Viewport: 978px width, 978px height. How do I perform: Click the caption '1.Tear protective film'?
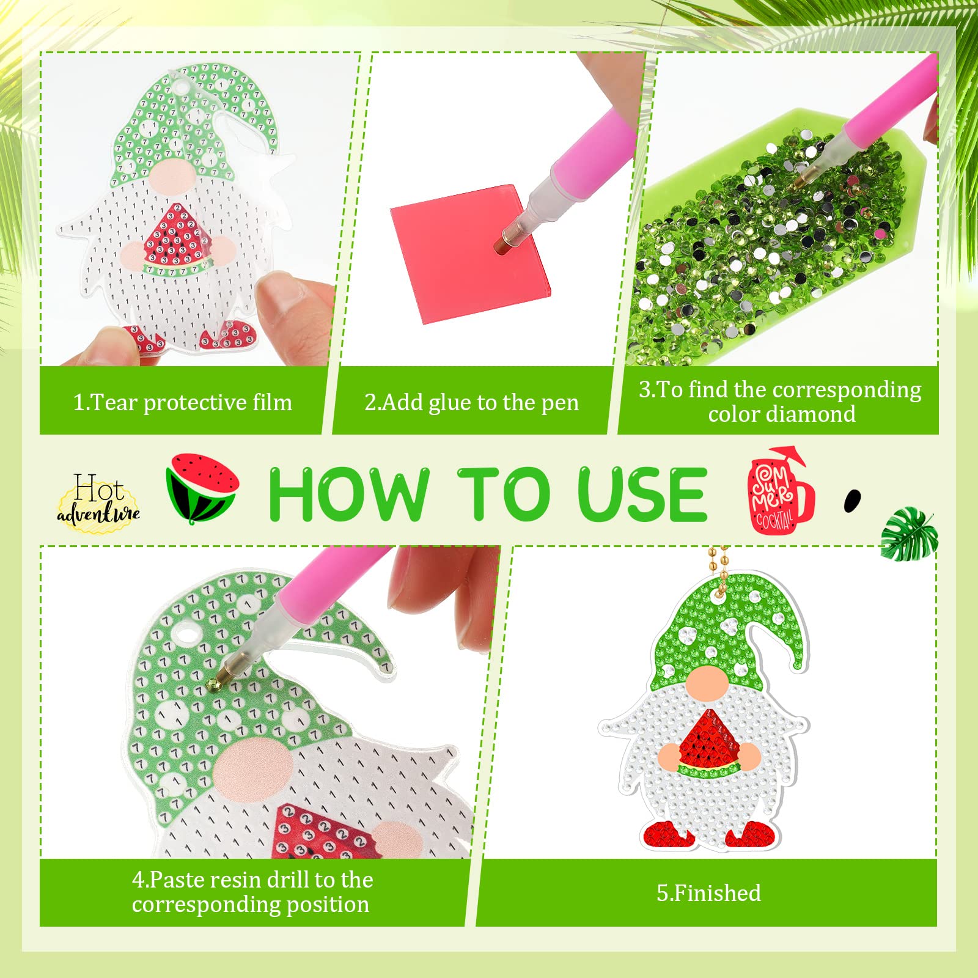182,403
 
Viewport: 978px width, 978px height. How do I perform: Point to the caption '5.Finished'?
708,893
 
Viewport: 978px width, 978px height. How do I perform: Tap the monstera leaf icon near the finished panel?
909,534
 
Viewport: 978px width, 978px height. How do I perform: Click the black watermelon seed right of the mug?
851,501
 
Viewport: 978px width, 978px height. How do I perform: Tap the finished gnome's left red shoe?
667,833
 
